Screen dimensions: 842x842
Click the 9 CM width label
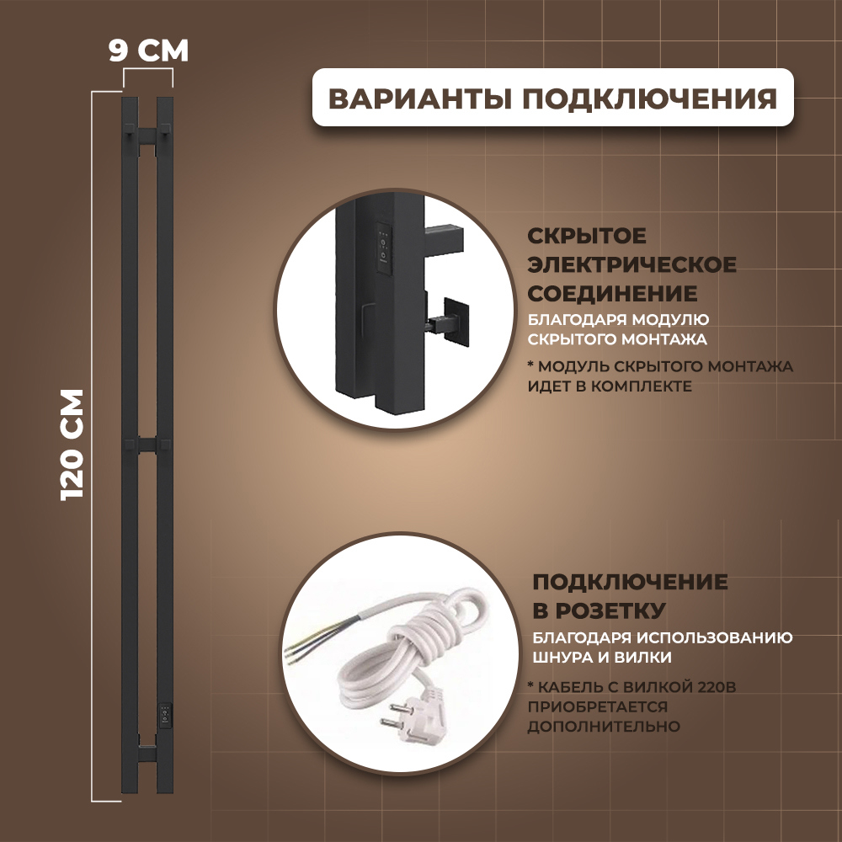click(148, 51)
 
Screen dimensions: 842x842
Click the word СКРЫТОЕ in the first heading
click(587, 237)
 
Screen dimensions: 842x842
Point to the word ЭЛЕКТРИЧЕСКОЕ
click(631, 265)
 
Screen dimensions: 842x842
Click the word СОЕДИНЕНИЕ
click(612, 294)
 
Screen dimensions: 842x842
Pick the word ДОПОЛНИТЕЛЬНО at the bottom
click(604, 726)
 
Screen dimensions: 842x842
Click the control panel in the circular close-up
click(381, 243)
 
